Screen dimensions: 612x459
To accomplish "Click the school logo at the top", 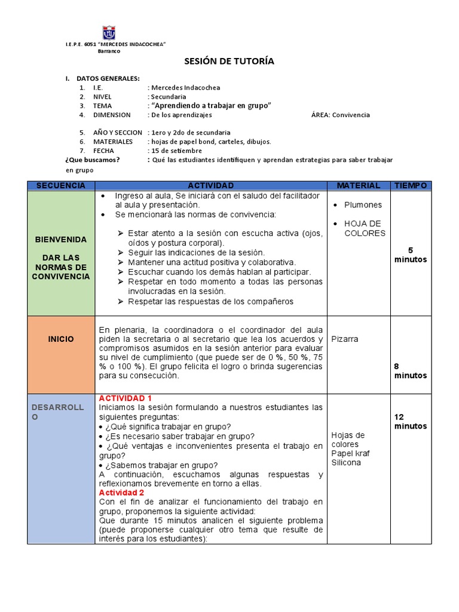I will [x=108, y=33].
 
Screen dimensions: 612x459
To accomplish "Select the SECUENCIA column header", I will [x=61, y=186].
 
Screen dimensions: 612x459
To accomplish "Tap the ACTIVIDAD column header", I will [x=211, y=186].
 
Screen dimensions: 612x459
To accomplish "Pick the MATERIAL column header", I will [x=359, y=186].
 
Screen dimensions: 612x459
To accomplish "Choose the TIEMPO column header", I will [x=411, y=186].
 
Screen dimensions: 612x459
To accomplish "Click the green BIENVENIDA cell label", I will [x=61, y=239].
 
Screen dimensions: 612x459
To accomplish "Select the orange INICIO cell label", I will [x=61, y=339].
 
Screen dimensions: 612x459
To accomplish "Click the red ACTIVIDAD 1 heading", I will [x=126, y=398].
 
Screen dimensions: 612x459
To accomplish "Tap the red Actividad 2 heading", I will [x=122, y=493].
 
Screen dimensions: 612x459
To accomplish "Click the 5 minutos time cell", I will [x=410, y=255].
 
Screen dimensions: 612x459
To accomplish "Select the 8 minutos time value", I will [x=410, y=371].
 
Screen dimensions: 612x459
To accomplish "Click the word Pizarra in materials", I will [x=345, y=339].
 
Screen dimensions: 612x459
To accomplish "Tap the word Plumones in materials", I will [x=363, y=204].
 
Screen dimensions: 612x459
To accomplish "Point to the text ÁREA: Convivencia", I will [x=341, y=115].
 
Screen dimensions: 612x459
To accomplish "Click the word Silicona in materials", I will [x=346, y=463].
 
